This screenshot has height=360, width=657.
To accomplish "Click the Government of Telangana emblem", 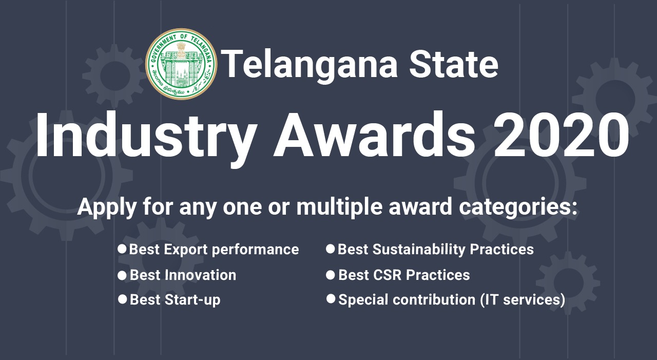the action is pos(182,64).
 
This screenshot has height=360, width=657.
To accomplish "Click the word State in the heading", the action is pos(454,65).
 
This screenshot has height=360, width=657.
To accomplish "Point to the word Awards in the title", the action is pos(374,136).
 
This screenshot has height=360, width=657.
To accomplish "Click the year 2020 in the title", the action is pos(561,136).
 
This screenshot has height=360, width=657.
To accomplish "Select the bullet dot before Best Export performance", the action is pos(122,249).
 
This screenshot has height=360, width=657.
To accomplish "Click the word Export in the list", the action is pos(186,250).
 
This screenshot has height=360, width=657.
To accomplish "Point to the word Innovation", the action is pos(200,275).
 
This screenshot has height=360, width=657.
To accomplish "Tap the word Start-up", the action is pos(192,300).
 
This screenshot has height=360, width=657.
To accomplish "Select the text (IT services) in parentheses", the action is pos(523,300).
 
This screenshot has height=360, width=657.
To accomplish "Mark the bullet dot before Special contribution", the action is pos(331,299).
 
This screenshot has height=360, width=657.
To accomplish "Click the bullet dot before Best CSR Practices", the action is pos(331,275).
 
